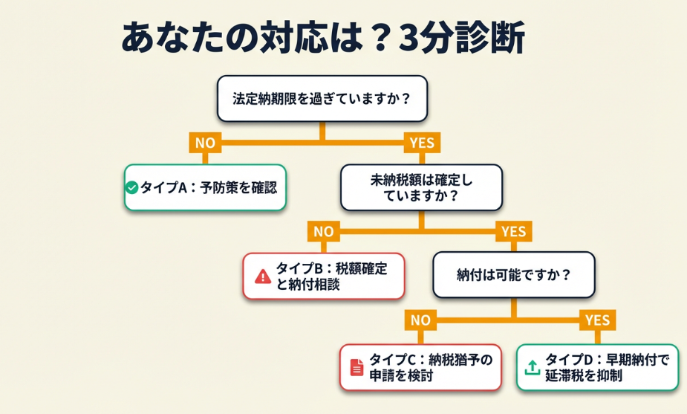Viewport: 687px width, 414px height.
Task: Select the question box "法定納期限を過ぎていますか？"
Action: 322,98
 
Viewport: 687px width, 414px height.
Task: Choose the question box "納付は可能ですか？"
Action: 513,275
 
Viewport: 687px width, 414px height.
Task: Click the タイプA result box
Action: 204,187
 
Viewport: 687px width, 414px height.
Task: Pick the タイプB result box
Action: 324,276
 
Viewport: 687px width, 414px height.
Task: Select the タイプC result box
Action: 420,367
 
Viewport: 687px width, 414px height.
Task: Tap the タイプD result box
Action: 597,367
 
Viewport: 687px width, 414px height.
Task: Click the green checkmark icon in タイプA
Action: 132,188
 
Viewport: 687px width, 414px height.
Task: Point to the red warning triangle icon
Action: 263,276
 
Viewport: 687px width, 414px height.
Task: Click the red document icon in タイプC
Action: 357,367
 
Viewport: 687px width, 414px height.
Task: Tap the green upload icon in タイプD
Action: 533,367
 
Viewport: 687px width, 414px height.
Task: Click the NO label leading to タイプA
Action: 206,143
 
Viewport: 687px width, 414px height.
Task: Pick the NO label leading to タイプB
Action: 323,231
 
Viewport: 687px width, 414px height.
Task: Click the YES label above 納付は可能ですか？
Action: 513,231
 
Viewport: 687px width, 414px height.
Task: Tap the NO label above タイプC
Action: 420,320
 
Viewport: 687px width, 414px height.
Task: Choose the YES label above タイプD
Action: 597,320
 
